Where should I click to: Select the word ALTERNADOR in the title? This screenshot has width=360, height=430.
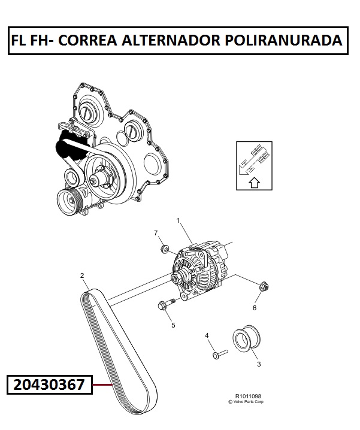[x=171, y=40]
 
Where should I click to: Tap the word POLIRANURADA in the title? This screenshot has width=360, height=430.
[x=284, y=40]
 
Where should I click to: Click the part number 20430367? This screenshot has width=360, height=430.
[x=49, y=384]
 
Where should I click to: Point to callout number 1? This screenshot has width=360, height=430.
[x=178, y=220]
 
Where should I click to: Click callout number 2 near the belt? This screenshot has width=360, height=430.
[x=82, y=275]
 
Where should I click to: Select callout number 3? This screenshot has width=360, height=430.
[x=259, y=364]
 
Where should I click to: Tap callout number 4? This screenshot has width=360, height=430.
[x=207, y=335]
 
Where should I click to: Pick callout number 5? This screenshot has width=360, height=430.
[x=173, y=325]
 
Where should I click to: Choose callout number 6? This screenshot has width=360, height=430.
[x=255, y=308]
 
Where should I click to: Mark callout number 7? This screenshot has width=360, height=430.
[x=156, y=233]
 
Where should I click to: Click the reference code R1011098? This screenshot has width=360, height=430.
[x=248, y=396]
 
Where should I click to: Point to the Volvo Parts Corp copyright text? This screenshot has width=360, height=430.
[x=246, y=402]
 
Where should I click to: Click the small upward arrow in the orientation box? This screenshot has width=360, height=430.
[x=255, y=183]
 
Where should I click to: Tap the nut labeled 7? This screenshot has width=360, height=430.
[x=164, y=249]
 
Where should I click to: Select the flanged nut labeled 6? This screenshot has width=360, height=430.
[x=264, y=287]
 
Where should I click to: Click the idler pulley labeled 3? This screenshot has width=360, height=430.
[x=247, y=338]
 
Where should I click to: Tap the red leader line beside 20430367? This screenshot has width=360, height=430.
[x=102, y=384]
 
